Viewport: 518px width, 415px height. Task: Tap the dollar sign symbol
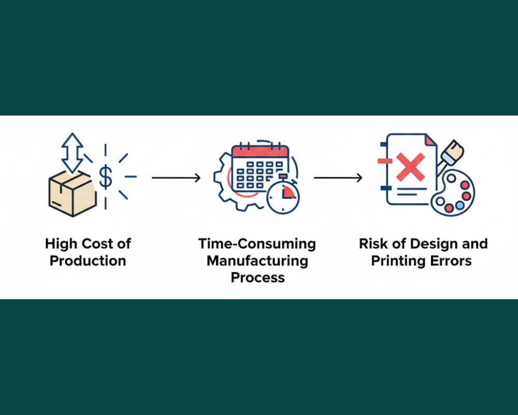(105, 177)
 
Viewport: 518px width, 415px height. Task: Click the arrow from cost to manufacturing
(176, 178)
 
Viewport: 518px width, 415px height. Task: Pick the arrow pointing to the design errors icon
(338, 178)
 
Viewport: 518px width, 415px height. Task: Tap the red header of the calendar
(260, 151)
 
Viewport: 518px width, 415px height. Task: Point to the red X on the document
(410, 167)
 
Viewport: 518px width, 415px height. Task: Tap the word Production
(88, 260)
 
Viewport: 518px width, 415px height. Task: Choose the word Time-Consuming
(257, 243)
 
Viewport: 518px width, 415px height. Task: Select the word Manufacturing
(257, 260)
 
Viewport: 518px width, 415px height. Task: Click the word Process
(257, 278)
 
